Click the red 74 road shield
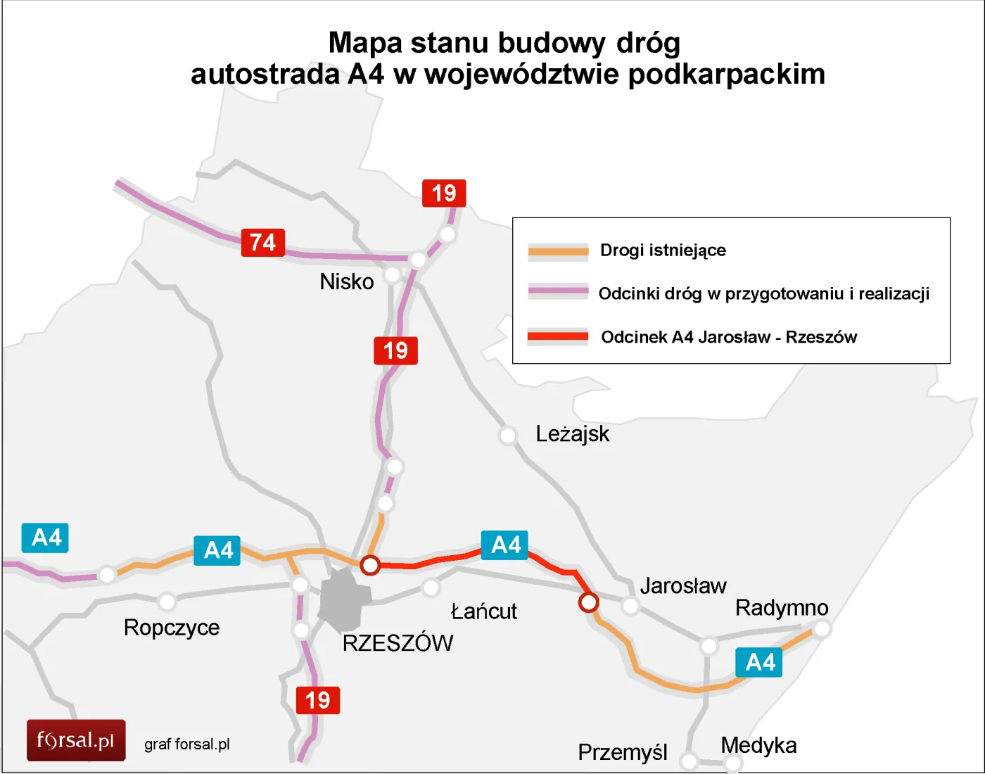[263, 243]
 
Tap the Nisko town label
[346, 282]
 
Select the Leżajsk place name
[572, 434]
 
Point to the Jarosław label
[682, 586]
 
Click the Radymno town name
[782, 608]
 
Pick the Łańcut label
[483, 611]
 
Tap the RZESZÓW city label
[398, 643]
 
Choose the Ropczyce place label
[172, 628]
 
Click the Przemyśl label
[622, 753]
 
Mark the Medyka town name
[758, 745]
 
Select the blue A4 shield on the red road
[504, 545]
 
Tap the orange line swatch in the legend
[558, 251]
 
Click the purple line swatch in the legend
[558, 291]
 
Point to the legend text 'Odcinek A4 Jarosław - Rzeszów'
[729, 338]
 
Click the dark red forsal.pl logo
[76, 740]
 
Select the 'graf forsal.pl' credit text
[187, 744]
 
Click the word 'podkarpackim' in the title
[726, 75]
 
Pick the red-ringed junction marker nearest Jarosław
[588, 602]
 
